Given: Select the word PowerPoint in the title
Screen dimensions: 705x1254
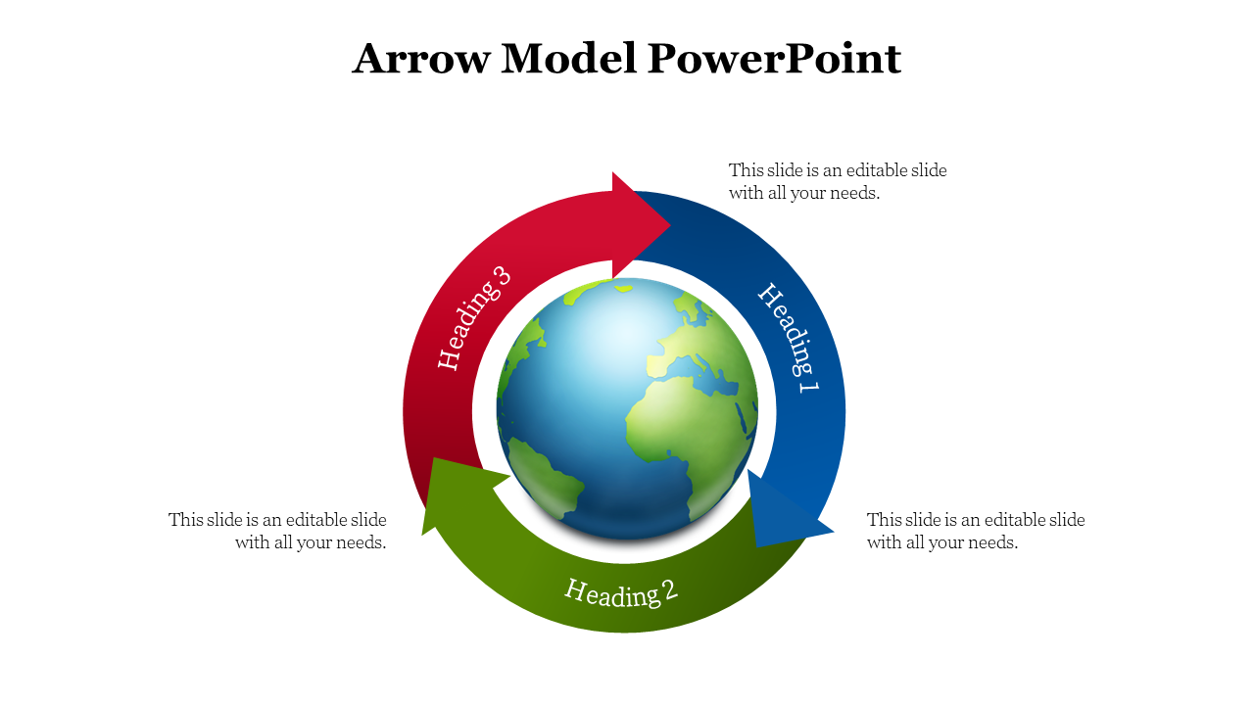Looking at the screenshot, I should pos(774,59).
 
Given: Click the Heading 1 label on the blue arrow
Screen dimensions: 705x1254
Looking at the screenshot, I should pos(790,337).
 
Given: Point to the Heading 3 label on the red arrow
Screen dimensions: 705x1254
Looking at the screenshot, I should pos(474,317).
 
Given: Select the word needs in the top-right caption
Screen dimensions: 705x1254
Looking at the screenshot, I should pos(852,193).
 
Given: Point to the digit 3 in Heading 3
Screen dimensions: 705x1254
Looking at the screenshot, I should pos(503,277).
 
